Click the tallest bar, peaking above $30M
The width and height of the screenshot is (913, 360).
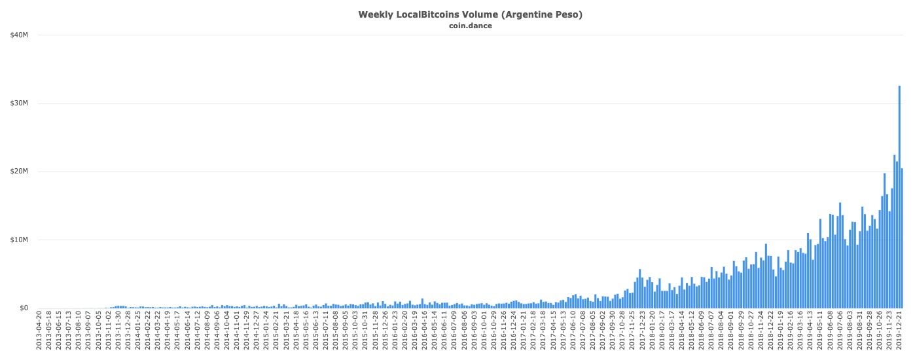pyautogui.click(x=899, y=196)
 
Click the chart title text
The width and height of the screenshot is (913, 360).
pyautogui.click(x=470, y=14)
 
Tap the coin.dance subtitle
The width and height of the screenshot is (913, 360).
pyautogui.click(x=470, y=26)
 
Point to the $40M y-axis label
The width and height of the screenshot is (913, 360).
pyautogui.click(x=19, y=35)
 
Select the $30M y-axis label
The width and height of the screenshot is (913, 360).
pyautogui.click(x=19, y=103)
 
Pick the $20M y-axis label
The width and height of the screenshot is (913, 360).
pyautogui.click(x=19, y=171)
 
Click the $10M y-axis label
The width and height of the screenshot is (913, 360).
pyautogui.click(x=19, y=240)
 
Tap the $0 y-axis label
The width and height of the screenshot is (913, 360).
pyautogui.click(x=24, y=308)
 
